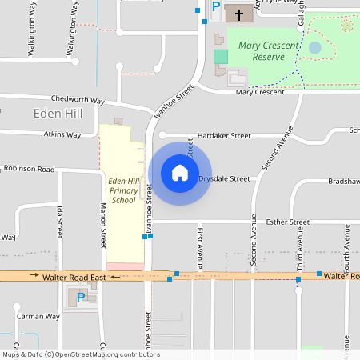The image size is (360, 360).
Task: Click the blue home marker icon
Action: [x=179, y=173]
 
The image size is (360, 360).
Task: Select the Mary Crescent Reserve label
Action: [x=268, y=51]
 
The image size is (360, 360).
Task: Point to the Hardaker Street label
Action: [x=224, y=136]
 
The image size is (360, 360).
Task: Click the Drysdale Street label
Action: [x=224, y=179]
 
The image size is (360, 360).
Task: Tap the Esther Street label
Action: [x=287, y=222]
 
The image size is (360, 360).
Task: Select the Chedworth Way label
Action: [x=78, y=101]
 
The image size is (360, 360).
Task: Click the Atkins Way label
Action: [x=62, y=135]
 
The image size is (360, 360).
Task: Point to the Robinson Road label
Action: [x=29, y=170]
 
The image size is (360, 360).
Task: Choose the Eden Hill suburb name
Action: [x=58, y=114]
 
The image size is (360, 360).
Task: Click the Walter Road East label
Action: [x=74, y=277]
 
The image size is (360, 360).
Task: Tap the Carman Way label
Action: [x=38, y=316]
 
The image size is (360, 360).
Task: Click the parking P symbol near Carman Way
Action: [x=80, y=298]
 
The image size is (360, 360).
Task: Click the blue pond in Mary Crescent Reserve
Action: [x=315, y=48]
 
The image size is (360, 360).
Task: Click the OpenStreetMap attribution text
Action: [x=81, y=354]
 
